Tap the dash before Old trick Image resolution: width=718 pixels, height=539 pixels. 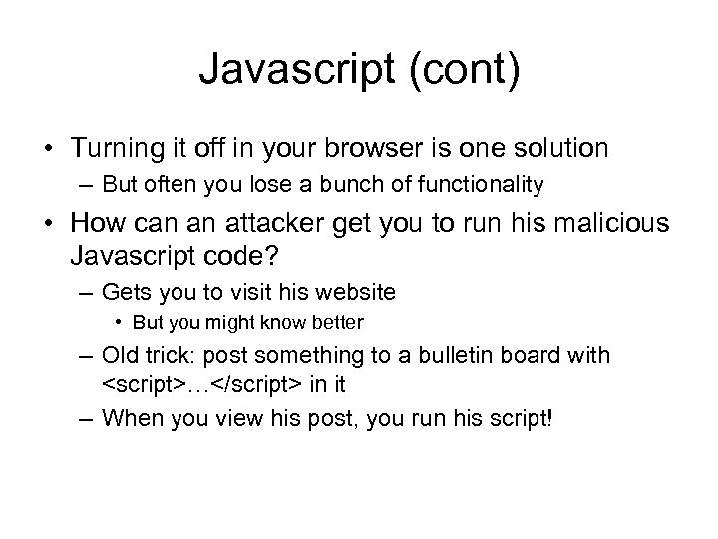(84, 356)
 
